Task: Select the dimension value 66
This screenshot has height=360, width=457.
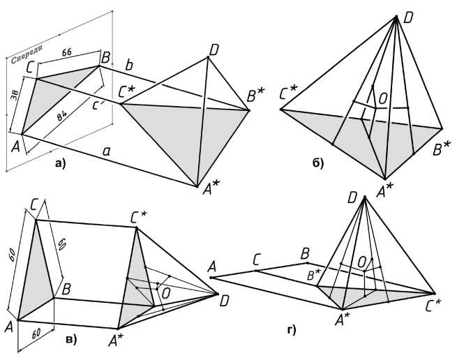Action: (x=68, y=52)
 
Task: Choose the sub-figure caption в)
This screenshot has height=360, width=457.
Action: (x=69, y=339)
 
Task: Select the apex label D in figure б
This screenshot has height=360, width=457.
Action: (x=408, y=15)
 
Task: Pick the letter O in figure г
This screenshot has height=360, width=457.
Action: (x=361, y=261)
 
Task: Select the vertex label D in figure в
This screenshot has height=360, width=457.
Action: (x=223, y=301)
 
